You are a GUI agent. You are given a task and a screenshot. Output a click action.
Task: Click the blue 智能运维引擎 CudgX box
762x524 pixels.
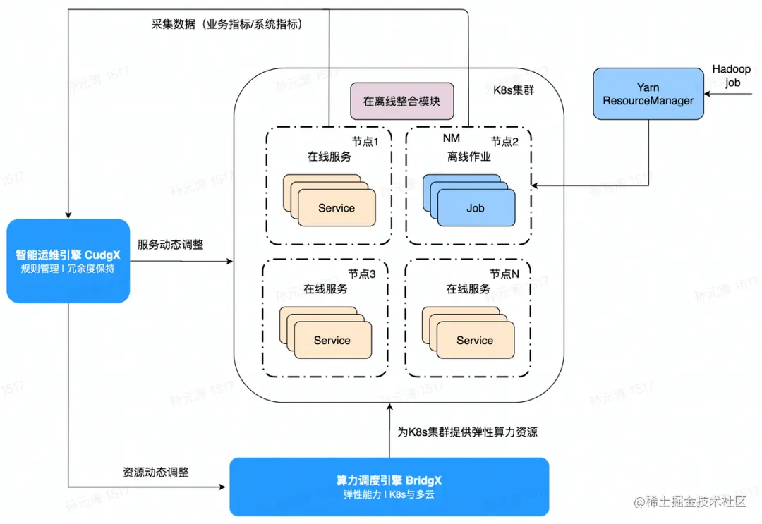coord(68,261)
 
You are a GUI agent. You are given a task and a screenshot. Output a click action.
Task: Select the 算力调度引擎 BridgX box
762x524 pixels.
coord(389,487)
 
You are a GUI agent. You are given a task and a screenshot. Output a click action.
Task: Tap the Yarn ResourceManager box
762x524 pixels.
coord(648,94)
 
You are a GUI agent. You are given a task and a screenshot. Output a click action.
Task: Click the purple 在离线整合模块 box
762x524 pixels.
coord(401,102)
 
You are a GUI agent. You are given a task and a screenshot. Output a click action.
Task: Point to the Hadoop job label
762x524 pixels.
coord(731,75)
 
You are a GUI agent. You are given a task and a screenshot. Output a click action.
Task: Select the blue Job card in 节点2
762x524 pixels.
coord(475,209)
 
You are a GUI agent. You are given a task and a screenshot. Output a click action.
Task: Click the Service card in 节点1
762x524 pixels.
coord(336,208)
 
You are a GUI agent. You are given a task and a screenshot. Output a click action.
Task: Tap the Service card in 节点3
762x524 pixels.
coord(332,340)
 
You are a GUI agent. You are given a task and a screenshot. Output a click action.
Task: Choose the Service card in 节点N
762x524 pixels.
coord(474,340)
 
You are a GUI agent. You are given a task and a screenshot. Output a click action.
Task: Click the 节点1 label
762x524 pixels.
coord(365,141)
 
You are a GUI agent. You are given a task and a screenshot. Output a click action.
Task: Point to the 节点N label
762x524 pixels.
coord(505,274)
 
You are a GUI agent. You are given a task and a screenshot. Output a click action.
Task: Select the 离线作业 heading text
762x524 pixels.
coord(468,157)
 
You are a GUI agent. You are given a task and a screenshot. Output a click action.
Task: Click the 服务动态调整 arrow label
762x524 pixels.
coord(170,245)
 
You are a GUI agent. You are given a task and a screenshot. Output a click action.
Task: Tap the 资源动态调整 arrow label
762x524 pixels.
coord(155,472)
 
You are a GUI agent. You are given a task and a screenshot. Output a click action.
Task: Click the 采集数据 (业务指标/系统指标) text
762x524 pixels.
coord(226,23)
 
